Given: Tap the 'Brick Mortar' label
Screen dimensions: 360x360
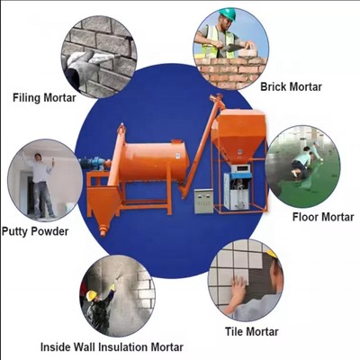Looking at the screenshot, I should (291, 86).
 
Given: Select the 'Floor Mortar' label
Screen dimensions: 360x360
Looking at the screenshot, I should (321, 216).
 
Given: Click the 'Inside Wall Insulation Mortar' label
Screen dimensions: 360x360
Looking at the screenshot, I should (112, 346).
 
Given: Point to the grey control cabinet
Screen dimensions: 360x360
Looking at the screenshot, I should (204, 200).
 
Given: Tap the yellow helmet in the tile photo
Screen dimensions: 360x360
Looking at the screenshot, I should (269, 254).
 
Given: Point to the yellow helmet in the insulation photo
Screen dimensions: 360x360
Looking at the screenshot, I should (91, 294).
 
